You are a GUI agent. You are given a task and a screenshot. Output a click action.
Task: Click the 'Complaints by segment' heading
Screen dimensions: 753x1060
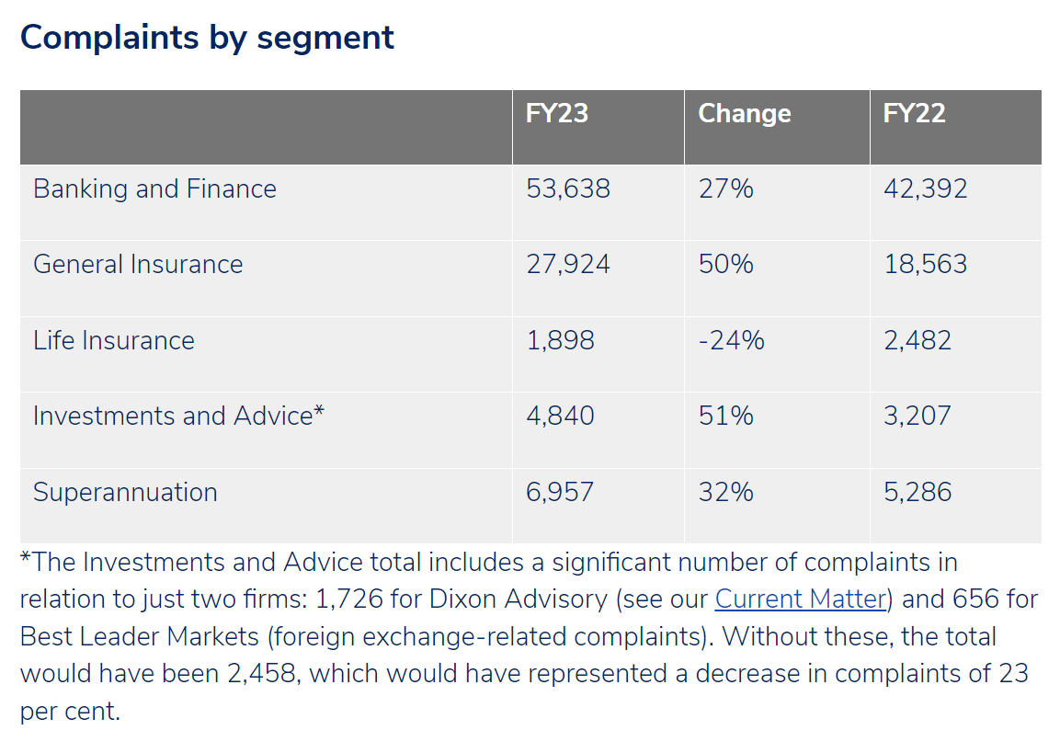[207, 38]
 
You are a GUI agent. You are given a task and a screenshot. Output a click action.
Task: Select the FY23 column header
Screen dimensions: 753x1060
[556, 113]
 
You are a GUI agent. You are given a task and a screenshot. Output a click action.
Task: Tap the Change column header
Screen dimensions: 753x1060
[744, 113]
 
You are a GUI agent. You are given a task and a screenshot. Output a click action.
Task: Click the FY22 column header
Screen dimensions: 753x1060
[914, 113]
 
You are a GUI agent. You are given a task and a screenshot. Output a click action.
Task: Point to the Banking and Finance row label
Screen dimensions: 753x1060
[154, 188]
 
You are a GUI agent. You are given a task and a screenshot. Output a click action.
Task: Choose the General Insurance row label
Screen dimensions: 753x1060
[138, 265]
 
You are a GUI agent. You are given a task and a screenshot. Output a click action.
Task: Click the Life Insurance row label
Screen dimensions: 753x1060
[114, 340]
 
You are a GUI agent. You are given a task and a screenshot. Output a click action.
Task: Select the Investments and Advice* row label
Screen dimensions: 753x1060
[178, 416]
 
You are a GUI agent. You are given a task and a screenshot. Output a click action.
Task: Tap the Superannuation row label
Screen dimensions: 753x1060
[125, 492]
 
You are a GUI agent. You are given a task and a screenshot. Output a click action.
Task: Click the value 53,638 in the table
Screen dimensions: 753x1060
[568, 188]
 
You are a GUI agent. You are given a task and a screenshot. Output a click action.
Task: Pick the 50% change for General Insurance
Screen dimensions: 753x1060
[725, 265]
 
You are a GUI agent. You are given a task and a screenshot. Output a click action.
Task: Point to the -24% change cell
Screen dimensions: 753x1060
[731, 340]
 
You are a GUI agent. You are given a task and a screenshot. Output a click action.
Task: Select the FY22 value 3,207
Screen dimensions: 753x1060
[917, 416]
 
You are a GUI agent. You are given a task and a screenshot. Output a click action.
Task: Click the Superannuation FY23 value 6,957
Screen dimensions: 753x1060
[560, 492]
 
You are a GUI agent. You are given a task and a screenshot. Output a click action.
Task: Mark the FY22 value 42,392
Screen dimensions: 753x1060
[925, 188]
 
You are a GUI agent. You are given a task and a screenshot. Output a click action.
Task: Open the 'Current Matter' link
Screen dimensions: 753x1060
[800, 599]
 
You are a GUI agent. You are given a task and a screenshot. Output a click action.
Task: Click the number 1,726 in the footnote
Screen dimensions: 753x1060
[351, 599]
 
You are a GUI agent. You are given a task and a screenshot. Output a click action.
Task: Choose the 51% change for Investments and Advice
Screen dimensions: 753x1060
[725, 416]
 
